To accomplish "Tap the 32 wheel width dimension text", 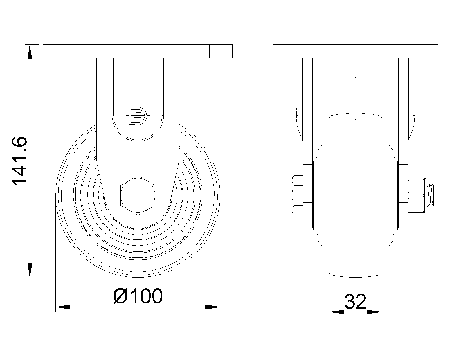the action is coord(355,301).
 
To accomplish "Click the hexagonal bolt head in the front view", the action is coord(138,195).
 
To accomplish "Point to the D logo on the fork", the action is coord(137,116).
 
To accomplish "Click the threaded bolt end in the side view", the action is coord(430,195).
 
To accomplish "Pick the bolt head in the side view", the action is coord(297,195).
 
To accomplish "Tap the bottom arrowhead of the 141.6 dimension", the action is coord(30,271).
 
